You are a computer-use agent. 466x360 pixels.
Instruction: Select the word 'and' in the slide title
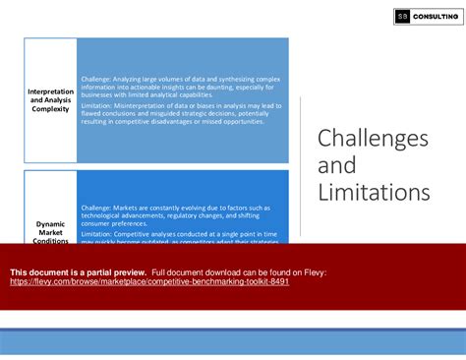[x=336, y=165]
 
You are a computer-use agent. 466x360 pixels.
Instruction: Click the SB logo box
[x=402, y=16]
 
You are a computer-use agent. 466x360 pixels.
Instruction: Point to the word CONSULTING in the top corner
[x=435, y=16]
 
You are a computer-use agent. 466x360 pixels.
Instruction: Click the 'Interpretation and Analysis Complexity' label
[x=50, y=100]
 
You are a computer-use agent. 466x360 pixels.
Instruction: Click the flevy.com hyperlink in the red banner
[x=149, y=280]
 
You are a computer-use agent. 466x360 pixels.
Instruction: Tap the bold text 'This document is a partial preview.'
[x=79, y=270]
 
